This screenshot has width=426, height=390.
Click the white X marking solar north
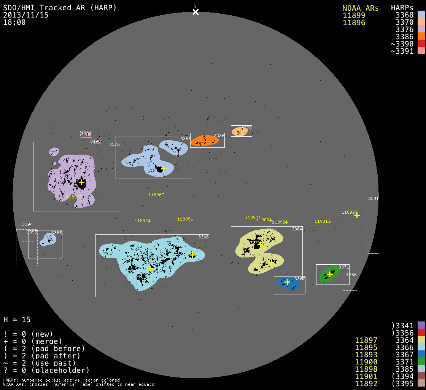[x=196, y=12]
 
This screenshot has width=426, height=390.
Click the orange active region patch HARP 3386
[x=205, y=141]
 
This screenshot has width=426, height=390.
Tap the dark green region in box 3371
[x=329, y=274]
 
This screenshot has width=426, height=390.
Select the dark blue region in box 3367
[x=288, y=283]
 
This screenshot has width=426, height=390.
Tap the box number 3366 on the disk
[x=203, y=237]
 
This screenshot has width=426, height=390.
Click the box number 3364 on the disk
[x=297, y=229]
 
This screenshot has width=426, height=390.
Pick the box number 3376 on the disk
[x=114, y=144]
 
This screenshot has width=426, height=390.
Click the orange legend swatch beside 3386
[x=421, y=37]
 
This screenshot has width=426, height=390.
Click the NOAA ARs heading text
[x=361, y=8]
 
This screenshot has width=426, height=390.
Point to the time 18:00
[x=14, y=22]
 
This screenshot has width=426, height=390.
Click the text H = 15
[x=17, y=320]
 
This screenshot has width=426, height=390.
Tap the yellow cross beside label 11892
[x=357, y=215]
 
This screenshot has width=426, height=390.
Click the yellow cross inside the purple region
[x=81, y=182]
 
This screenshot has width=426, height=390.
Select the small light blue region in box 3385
[x=49, y=239]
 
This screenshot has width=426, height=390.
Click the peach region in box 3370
[x=239, y=131]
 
